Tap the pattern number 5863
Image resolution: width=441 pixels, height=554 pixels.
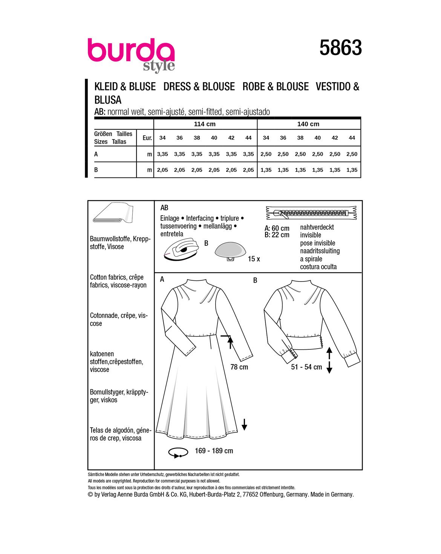(340, 48)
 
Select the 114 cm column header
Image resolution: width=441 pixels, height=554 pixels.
(205, 124)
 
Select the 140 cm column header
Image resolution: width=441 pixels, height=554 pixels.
(308, 124)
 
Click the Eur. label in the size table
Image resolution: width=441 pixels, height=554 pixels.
(147, 138)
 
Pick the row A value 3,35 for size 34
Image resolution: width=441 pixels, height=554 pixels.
(162, 154)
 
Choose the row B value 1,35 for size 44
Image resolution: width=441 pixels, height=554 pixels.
(352, 170)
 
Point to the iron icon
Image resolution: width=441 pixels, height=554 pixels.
(181, 249)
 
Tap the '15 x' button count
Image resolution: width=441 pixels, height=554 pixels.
(254, 259)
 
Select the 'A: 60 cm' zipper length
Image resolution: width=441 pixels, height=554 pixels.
(277, 228)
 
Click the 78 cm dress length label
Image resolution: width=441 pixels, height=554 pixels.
(239, 367)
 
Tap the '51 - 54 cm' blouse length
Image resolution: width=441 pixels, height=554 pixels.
(306, 367)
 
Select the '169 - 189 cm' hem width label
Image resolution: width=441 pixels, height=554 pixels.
(214, 451)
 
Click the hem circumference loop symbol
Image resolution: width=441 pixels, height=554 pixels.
(179, 452)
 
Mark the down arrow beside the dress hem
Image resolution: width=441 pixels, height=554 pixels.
(244, 425)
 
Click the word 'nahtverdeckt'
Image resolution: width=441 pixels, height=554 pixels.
(317, 227)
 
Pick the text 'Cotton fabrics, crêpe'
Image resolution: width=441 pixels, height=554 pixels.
(117, 277)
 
